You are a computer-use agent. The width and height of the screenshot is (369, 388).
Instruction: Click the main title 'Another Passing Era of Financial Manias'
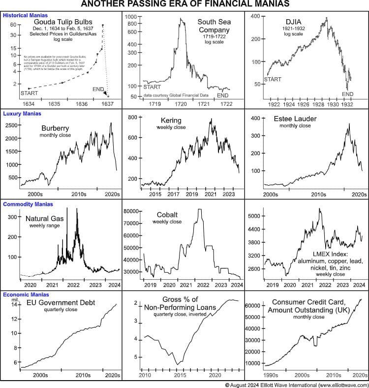click(x=184, y=5)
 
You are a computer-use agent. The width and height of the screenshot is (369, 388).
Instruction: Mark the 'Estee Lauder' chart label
click(x=295, y=119)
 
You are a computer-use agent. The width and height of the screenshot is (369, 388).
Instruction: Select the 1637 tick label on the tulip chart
click(x=107, y=104)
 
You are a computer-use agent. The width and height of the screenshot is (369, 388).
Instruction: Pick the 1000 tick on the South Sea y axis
click(x=130, y=17)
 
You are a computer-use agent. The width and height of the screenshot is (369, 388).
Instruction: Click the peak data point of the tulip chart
click(x=102, y=25)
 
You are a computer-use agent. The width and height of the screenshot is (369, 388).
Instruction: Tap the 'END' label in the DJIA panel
click(x=348, y=94)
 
